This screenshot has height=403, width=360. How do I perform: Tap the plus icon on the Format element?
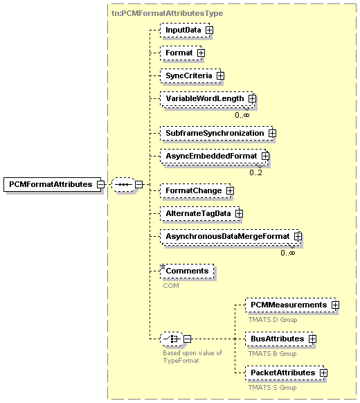tap(201, 53)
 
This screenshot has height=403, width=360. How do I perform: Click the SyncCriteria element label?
tap(189, 75)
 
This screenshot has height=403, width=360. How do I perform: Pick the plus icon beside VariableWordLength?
tap(252, 98)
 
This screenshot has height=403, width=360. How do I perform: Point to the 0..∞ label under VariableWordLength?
tap(242, 115)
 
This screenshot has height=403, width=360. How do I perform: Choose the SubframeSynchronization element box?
tap(217, 133)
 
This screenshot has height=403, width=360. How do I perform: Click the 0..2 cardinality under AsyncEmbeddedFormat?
tap(255, 172)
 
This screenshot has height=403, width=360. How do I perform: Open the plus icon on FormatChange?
tap(230, 190)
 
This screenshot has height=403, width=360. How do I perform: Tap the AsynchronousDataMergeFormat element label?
tap(228, 236)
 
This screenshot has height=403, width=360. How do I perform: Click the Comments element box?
tap(187, 271)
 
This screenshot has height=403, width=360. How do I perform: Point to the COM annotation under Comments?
tap(171, 285)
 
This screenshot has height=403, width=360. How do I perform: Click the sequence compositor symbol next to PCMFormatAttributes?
tap(123, 184)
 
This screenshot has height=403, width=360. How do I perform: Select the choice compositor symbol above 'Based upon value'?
tap(172, 339)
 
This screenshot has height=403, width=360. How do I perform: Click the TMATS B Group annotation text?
tap(272, 354)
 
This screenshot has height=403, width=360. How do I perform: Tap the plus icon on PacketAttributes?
tap(323, 373)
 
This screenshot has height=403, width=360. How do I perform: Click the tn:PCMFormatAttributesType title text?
tap(168, 13)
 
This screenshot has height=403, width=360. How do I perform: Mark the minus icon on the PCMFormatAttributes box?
tap(100, 184)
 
